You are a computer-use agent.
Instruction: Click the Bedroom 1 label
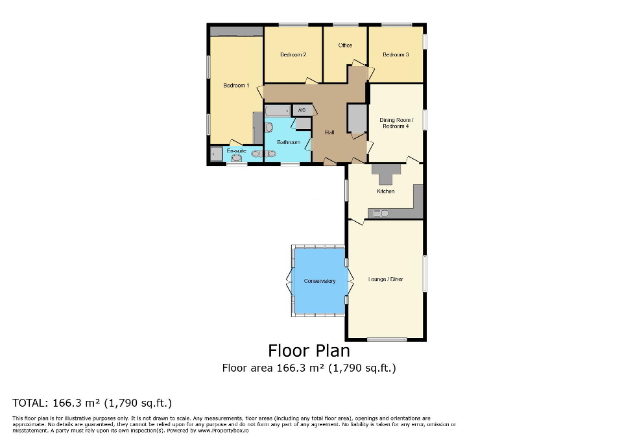[236, 86]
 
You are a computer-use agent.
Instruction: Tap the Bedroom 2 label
[293, 54]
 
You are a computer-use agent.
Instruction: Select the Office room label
[345, 45]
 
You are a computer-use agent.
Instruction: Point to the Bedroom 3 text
[396, 54]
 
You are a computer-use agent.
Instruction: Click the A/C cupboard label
[302, 110]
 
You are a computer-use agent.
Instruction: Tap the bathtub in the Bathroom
[278, 111]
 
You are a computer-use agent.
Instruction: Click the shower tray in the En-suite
[215, 155]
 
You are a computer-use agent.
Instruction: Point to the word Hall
[329, 133]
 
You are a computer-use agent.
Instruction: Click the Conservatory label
[320, 281]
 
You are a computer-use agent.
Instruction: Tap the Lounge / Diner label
[386, 280]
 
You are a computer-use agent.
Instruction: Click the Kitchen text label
[385, 191]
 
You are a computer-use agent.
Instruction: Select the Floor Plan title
[309, 350]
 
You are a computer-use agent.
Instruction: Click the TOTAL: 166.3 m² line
[92, 402]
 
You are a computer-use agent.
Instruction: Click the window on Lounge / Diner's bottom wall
[387, 339]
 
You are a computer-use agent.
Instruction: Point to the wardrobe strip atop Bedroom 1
[236, 31]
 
